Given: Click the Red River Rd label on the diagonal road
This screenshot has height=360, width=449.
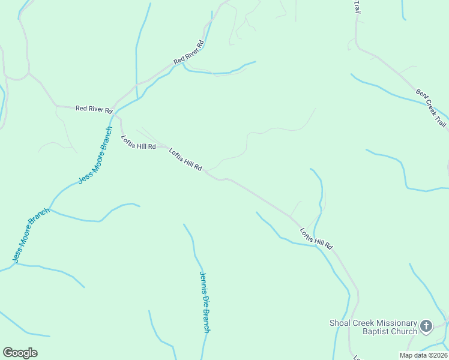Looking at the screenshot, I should tap(189, 53).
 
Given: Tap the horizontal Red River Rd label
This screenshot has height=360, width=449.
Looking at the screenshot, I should tap(94, 109).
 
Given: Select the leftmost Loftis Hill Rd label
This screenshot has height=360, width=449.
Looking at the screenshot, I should tap(139, 143).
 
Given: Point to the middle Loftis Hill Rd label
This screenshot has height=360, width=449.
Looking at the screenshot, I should tap(185, 160).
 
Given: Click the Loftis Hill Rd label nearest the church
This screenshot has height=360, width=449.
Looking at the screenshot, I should tap(316, 239).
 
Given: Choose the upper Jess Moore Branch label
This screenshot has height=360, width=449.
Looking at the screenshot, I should tap(95, 155).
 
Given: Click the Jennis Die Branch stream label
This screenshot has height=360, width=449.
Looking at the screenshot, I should tap(205, 302).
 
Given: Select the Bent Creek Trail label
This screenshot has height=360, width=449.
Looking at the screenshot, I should tap(432, 107).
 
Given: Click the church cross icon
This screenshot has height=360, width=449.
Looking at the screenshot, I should tap(426, 326).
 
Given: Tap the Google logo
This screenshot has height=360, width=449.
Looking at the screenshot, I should tap(20, 353).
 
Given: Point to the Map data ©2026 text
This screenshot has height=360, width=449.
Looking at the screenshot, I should tap(423, 355).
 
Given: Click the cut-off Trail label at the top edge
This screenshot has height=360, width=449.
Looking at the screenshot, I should tap(357, 7).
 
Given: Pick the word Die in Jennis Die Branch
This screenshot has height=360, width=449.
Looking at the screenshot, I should tap(204, 301).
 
